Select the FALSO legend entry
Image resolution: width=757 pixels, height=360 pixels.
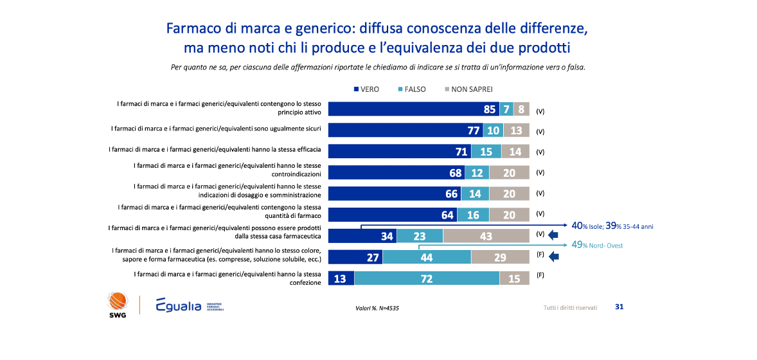point(411,89)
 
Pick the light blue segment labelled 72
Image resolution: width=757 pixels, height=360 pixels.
point(426,278)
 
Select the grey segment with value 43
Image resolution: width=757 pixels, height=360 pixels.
point(486,237)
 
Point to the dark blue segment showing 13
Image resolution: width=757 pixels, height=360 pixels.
point(341,278)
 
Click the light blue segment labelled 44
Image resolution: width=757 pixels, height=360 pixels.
point(426,257)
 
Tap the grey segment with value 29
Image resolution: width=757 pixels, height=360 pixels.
point(500,257)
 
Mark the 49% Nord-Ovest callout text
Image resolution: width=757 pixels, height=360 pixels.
point(598,245)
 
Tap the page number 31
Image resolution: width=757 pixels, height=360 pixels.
point(619,307)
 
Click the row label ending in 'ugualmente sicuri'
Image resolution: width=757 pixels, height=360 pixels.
point(221,130)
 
